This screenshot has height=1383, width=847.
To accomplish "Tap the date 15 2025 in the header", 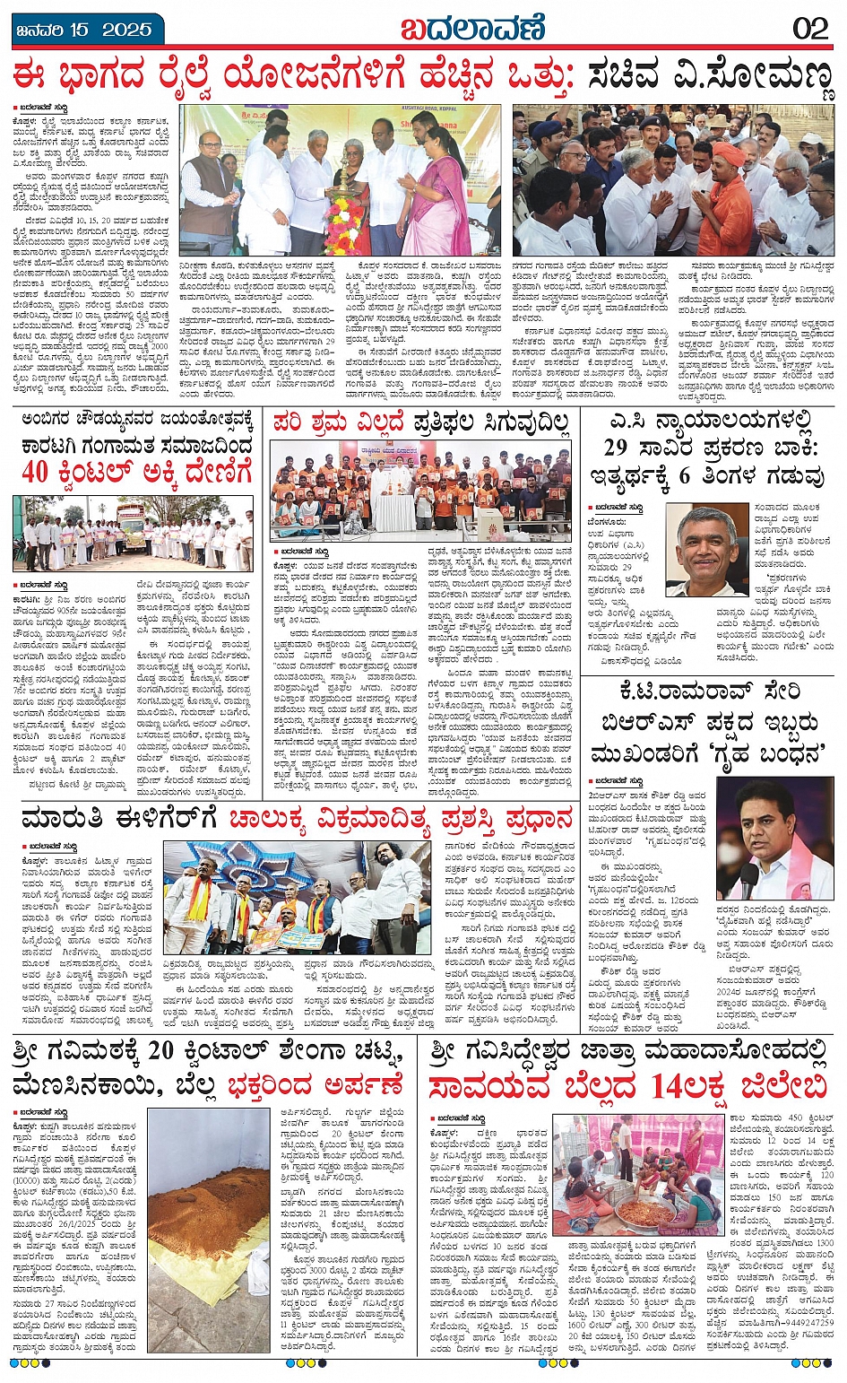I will click(101, 29).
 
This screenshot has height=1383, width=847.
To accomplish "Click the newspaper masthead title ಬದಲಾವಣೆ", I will click(472, 29).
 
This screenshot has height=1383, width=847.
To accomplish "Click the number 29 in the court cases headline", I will click(627, 448).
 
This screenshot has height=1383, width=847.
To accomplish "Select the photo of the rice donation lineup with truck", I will click(133, 534).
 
